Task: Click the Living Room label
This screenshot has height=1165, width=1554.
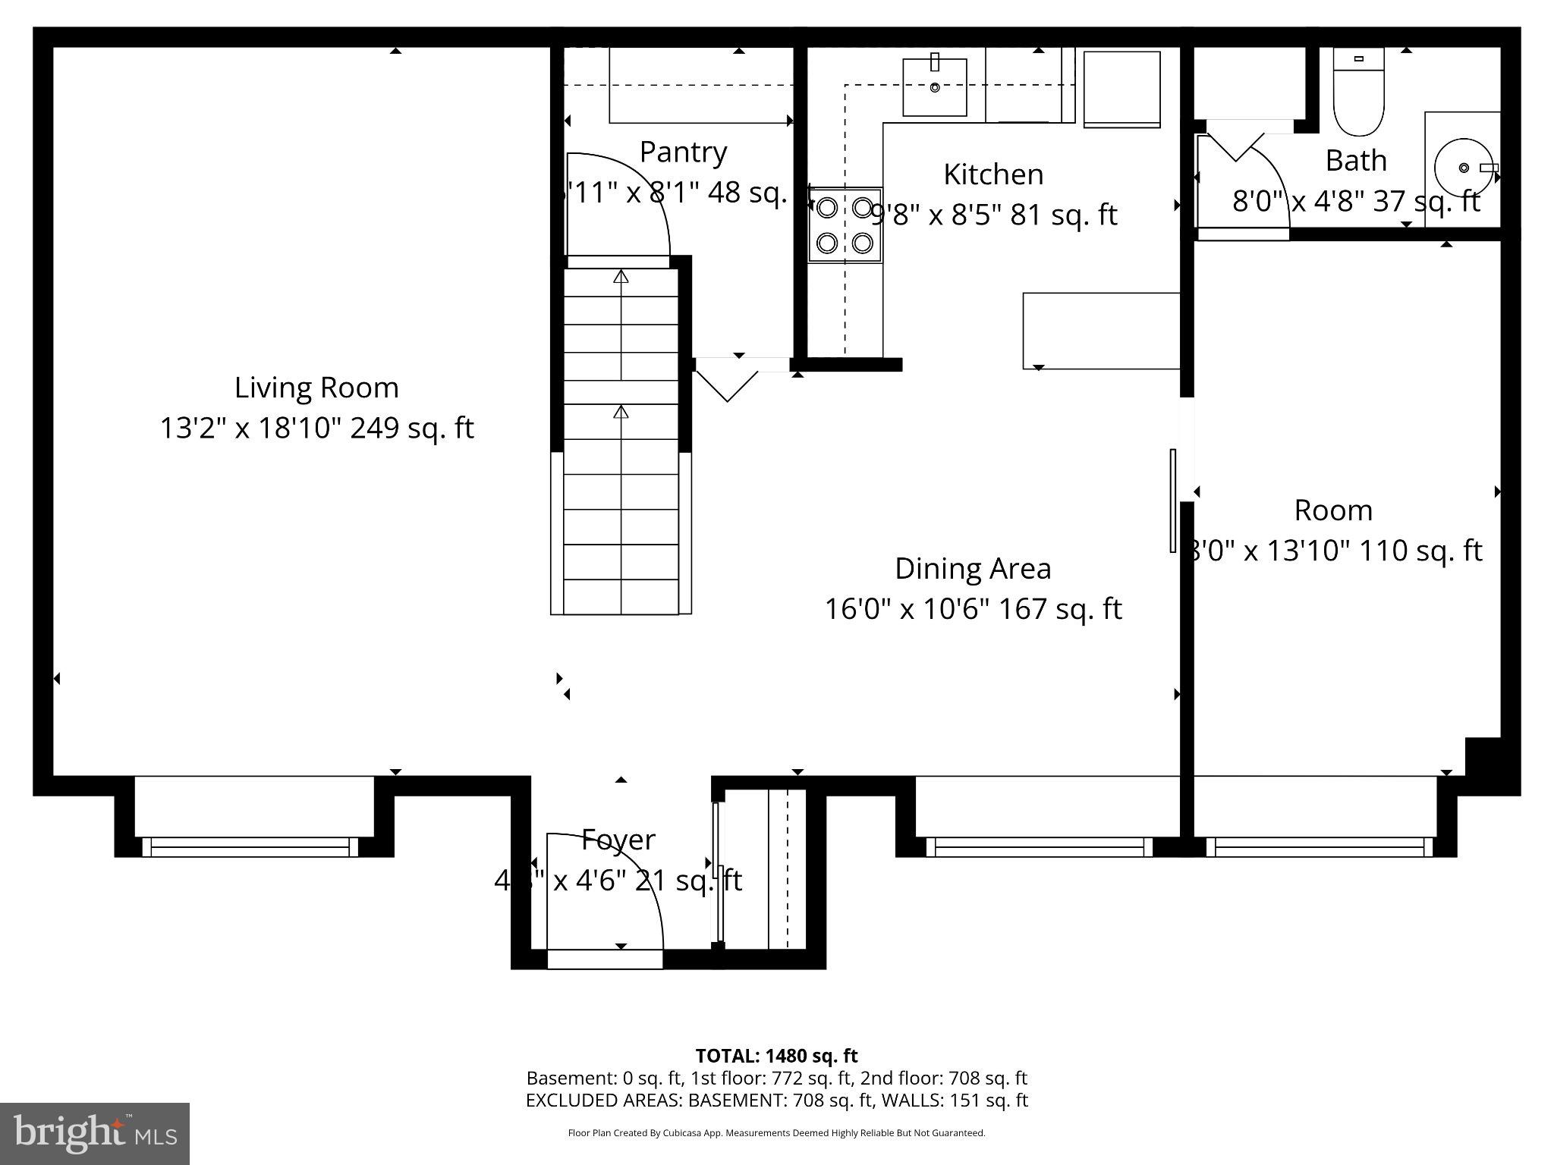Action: pyautogui.click(x=316, y=388)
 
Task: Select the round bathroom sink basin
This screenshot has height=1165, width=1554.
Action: pyautogui.click(x=1464, y=168)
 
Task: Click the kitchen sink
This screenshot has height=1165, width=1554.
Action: pyautogui.click(x=934, y=87)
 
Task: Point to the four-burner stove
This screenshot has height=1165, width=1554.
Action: pyautogui.click(x=845, y=225)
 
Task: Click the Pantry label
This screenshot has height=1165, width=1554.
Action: pyautogui.click(x=683, y=152)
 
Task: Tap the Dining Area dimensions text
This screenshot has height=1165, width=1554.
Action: pyautogui.click(x=973, y=608)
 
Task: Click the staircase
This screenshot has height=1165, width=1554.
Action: pyautogui.click(x=621, y=440)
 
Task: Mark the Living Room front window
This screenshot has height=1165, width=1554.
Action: pyautogui.click(x=250, y=846)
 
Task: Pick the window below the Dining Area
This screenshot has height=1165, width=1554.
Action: pyautogui.click(x=1039, y=846)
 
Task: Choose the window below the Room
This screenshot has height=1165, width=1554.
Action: pyautogui.click(x=1320, y=846)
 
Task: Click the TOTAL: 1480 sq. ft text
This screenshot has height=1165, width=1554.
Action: pyautogui.click(x=776, y=1055)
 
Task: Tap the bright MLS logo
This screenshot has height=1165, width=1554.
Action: pyautogui.click(x=95, y=1133)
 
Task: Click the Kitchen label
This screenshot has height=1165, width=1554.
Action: pyautogui.click(x=992, y=174)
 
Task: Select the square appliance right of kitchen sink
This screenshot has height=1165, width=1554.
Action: pyautogui.click(x=1121, y=89)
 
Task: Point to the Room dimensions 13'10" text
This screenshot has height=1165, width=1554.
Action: pyautogui.click(x=1335, y=550)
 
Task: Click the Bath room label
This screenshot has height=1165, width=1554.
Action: pyautogui.click(x=1355, y=161)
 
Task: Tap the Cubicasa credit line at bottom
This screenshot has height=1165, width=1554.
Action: pyautogui.click(x=776, y=1133)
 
